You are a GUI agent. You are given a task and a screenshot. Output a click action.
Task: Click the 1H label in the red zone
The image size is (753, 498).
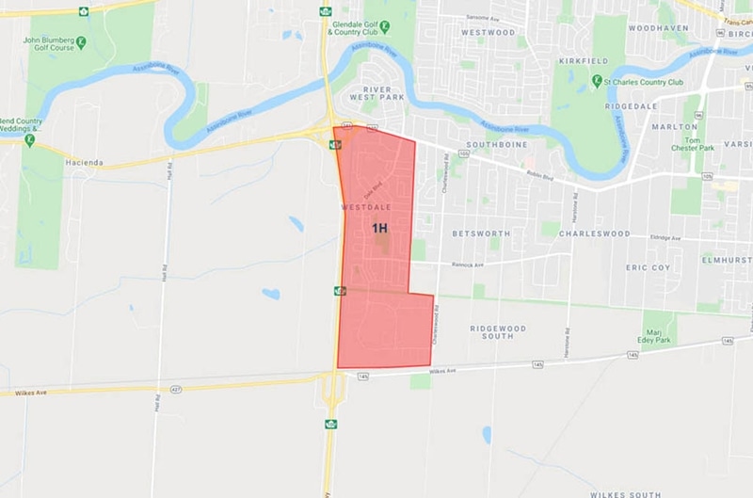point(379,228)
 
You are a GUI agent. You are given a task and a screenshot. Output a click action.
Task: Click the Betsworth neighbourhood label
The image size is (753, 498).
point(481,233)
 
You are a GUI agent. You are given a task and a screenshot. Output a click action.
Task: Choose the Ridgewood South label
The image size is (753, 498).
point(499,334)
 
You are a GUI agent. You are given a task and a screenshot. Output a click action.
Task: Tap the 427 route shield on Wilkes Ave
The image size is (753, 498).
point(176,389)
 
